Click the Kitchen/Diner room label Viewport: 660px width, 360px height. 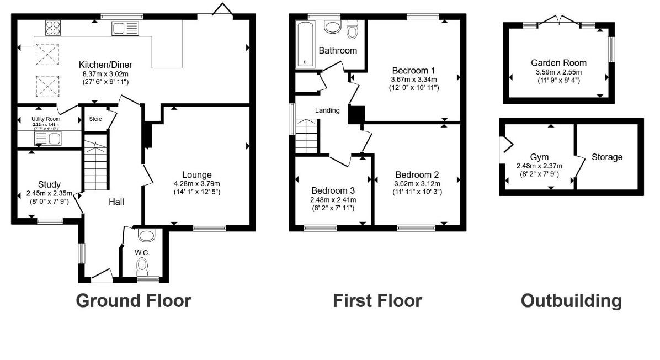[x=104, y=65]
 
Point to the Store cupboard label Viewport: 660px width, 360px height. [x=95, y=118]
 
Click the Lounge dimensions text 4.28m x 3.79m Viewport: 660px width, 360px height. [x=197, y=184]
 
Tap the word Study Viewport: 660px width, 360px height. [x=49, y=184]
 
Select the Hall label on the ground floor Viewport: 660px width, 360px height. [x=116, y=202]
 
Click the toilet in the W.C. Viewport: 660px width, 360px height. [x=143, y=266]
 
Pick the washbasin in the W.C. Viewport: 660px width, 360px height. [x=147, y=236]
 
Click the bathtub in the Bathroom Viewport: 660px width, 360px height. [x=305, y=44]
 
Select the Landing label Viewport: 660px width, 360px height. [x=327, y=110]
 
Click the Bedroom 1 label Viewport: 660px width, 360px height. [x=413, y=71]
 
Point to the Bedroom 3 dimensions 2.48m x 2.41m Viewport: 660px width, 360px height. [x=333, y=200]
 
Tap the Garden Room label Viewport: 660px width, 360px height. [x=558, y=63]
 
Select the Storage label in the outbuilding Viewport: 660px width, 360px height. [x=607, y=157]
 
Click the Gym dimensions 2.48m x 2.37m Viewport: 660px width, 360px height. [x=539, y=166]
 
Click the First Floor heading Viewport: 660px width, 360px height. [x=377, y=301]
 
